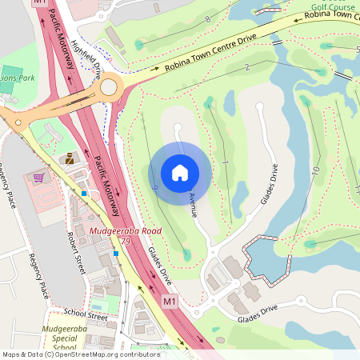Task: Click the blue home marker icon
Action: point(180,172)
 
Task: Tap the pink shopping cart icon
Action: point(38,177)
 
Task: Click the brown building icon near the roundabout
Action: point(70,158)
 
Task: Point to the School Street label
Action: point(86,317)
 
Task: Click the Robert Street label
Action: point(78,253)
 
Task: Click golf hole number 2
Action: point(248,67)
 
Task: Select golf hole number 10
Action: point(316,171)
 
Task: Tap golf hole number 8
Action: point(208,18)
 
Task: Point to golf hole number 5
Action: point(357,50)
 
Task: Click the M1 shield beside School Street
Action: point(168,302)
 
